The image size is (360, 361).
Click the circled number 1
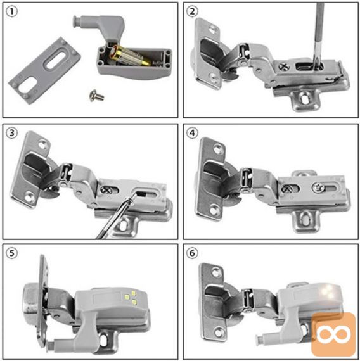(x=11, y=12)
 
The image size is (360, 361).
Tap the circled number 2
(x=192, y=11)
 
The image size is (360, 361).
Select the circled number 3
(x=11, y=133)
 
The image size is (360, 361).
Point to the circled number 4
(x=192, y=133)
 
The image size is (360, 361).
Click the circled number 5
(x=11, y=253)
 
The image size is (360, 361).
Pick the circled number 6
(x=192, y=253)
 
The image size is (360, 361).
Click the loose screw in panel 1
(x=96, y=95)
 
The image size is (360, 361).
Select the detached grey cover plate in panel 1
(x=44, y=70)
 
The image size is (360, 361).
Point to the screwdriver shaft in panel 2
(x=319, y=35)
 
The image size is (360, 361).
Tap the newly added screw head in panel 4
(x=318, y=187)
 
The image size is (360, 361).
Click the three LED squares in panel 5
(x=131, y=297)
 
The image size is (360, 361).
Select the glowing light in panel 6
(x=328, y=292)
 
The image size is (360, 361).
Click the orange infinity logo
(x=333, y=333)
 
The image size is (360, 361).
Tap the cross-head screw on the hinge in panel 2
(x=284, y=66)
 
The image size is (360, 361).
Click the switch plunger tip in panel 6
(x=259, y=338)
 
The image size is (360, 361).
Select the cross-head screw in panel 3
(x=106, y=190)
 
